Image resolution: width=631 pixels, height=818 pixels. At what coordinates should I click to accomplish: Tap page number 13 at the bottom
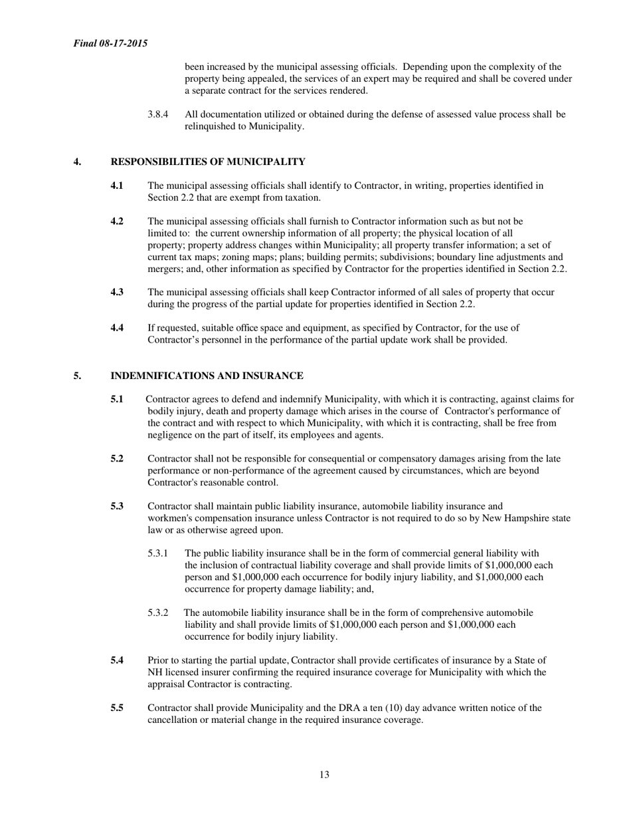pyautogui.click(x=324, y=774)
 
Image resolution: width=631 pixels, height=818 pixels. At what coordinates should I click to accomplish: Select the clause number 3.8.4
pyautogui.click(x=157, y=114)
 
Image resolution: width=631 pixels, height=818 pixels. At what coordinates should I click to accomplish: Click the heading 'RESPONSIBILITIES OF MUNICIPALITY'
pyautogui.click(x=208, y=162)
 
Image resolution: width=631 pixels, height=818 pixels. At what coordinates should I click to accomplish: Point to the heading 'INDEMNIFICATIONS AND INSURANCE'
pyautogui.click(x=207, y=376)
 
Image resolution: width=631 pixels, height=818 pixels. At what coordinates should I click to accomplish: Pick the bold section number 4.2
pyautogui.click(x=117, y=221)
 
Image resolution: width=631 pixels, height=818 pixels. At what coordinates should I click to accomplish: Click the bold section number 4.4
pyautogui.click(x=117, y=327)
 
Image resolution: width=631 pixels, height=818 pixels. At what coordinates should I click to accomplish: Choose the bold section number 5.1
pyautogui.click(x=117, y=399)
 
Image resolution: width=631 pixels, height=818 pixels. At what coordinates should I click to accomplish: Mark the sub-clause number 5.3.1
pyautogui.click(x=157, y=553)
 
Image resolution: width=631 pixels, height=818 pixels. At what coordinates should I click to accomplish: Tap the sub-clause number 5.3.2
pyautogui.click(x=157, y=613)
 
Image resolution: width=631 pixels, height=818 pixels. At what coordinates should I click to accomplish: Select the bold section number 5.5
pyautogui.click(x=117, y=708)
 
